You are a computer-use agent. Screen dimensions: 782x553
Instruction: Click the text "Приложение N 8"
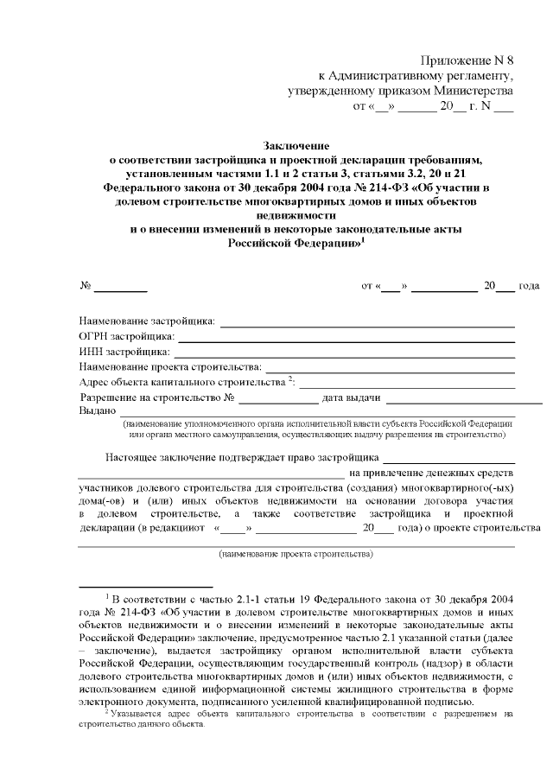click(467, 60)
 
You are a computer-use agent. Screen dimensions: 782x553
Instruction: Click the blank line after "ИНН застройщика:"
click(345, 353)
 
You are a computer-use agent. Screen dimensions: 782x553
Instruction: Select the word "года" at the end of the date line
click(529, 285)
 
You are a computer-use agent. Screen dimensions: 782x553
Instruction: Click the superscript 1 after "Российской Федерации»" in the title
click(364, 240)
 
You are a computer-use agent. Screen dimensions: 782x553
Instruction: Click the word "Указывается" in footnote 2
click(137, 714)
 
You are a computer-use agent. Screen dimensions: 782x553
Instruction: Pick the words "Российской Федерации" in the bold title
click(294, 245)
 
